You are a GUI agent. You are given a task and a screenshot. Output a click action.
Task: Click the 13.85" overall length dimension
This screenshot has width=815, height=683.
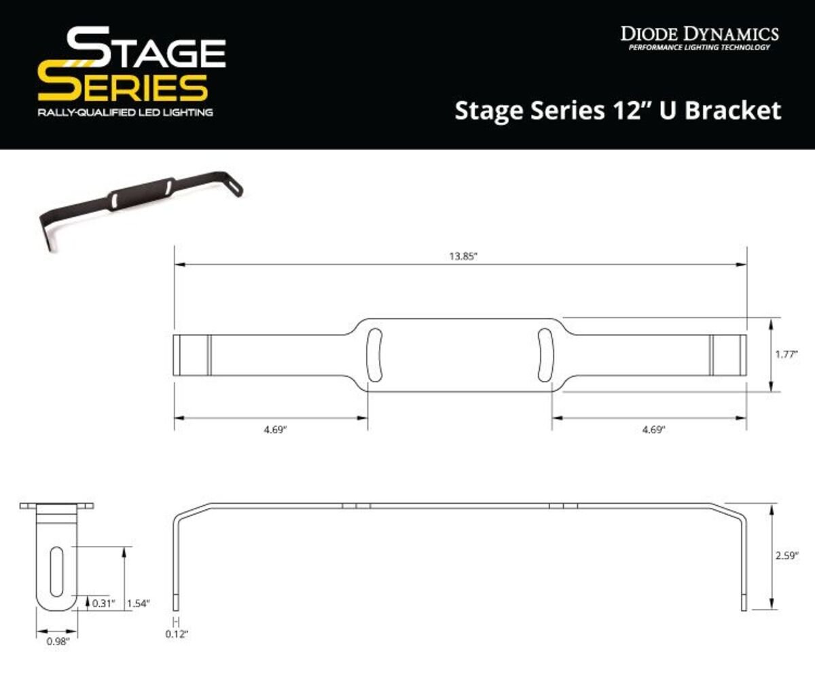461,257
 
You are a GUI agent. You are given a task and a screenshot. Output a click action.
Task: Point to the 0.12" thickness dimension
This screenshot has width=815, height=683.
177,634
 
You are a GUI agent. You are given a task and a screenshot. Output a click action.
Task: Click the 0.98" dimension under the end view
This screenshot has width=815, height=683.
57,640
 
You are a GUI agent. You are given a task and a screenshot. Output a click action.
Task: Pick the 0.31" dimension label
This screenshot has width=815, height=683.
105,602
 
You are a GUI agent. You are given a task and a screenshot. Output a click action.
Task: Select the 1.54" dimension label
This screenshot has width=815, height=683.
138,602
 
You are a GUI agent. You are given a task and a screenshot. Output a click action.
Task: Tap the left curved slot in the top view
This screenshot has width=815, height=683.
374,355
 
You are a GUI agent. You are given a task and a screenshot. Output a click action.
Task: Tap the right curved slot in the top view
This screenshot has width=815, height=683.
545,355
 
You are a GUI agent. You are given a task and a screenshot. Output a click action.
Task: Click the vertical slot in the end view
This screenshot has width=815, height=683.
57,572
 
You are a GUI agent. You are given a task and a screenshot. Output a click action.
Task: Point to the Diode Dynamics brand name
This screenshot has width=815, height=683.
699,33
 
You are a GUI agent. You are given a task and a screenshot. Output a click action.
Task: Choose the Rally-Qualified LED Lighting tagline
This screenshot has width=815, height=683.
125,111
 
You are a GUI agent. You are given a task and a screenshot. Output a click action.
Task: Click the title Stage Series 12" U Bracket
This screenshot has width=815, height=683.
617,110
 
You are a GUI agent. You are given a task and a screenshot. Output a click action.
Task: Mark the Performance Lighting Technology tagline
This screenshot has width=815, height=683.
699,48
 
